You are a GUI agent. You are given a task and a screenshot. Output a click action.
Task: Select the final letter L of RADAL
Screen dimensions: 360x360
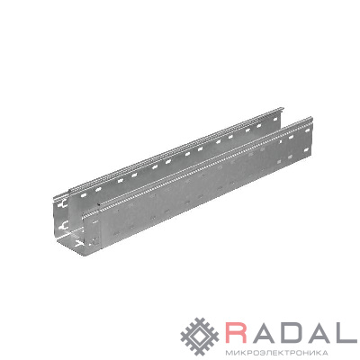pyautogui.click(x=347, y=332)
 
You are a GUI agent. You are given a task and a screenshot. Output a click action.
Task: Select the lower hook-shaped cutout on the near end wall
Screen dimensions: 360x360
pyautogui.click(x=63, y=225)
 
